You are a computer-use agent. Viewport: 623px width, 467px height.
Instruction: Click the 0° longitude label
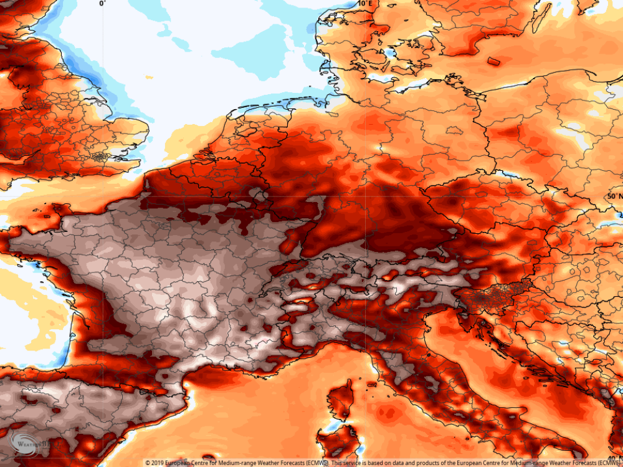click(102, 4)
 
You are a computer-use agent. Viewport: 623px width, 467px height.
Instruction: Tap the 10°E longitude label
click(366, 4)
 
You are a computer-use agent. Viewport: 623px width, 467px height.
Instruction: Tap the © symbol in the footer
click(148, 463)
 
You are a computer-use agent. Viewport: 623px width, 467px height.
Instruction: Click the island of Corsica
click(341, 399)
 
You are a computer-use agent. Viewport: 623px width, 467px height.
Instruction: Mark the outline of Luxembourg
click(260, 198)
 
